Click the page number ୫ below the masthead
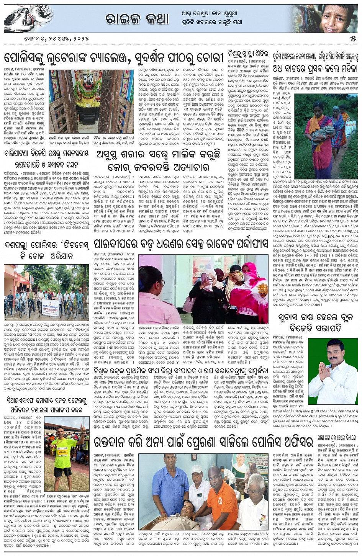point(352,39)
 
